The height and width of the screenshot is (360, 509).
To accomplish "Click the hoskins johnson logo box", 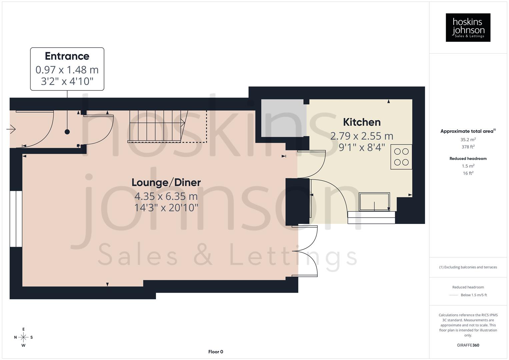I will (x=468, y=28).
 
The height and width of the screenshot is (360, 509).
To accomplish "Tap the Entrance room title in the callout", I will (x=67, y=56).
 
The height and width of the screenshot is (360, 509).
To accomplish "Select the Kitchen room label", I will (x=362, y=122).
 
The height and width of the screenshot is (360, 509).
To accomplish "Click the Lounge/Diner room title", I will (x=166, y=182).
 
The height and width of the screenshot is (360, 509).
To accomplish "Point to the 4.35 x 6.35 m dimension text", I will (x=166, y=196).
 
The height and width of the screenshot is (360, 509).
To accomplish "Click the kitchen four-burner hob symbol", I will (x=401, y=157).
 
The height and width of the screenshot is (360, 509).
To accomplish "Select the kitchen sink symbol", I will (x=374, y=202).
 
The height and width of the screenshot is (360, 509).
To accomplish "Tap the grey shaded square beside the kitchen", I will (x=283, y=118).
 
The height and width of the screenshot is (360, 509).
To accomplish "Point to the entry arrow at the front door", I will (x=11, y=129).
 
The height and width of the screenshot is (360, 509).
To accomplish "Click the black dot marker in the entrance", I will (x=67, y=132).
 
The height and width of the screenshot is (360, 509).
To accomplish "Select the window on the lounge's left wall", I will (x=16, y=219).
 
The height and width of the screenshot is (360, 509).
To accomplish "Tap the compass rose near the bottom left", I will (x=23, y=337).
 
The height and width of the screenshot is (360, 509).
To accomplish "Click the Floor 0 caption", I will (x=215, y=352).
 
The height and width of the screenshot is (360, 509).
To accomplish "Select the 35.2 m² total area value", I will (x=468, y=140).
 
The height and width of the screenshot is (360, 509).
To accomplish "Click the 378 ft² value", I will (x=468, y=147).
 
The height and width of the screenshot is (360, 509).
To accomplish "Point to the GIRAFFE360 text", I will (x=468, y=345).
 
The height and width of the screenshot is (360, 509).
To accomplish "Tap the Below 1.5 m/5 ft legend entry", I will (x=473, y=295).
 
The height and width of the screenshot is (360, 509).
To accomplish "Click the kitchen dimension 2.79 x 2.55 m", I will (x=362, y=136).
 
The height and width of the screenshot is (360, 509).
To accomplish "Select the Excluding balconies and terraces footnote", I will (x=468, y=267).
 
